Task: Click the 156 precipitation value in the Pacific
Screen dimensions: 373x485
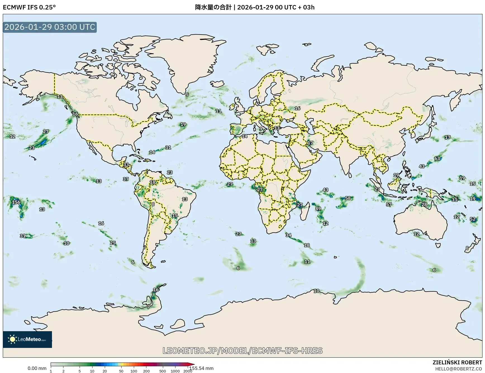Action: [x=16, y=202]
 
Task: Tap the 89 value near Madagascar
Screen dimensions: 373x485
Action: [x=318, y=209]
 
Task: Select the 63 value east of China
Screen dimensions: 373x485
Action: [x=437, y=158]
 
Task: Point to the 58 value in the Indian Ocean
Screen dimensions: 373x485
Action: [x=348, y=198]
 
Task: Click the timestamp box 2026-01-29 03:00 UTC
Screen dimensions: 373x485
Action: [x=50, y=27]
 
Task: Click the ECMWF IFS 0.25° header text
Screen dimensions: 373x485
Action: [x=29, y=7]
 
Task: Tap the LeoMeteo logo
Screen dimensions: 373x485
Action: [x=27, y=339]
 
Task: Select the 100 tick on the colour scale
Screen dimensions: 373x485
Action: [x=134, y=371]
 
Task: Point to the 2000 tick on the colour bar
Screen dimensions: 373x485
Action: [x=187, y=371]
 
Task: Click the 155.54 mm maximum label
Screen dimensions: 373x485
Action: [x=201, y=368]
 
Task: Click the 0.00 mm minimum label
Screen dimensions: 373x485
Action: [x=37, y=368]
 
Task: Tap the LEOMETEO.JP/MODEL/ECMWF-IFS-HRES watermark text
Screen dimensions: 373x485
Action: [x=242, y=350]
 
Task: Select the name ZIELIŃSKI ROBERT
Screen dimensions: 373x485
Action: [x=457, y=362]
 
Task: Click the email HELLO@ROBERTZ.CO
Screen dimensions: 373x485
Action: [x=458, y=369]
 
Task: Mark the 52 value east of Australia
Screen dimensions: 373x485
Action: [x=472, y=219]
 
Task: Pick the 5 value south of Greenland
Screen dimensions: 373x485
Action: [x=187, y=95]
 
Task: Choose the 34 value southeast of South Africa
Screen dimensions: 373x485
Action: [x=288, y=235]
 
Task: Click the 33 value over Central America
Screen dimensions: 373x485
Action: [x=126, y=165]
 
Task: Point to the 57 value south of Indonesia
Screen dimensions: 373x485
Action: [x=389, y=204]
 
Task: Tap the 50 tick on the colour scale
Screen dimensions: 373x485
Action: [x=121, y=371]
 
